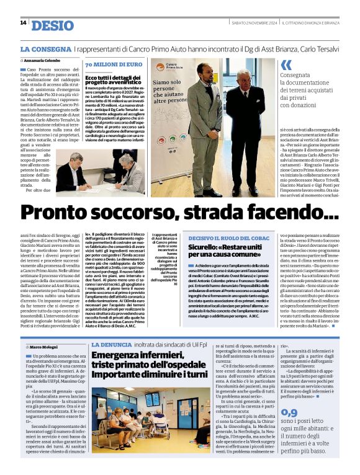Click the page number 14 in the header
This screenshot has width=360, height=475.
click(x=23, y=23)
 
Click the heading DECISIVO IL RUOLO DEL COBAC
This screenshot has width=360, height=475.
click(x=228, y=238)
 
